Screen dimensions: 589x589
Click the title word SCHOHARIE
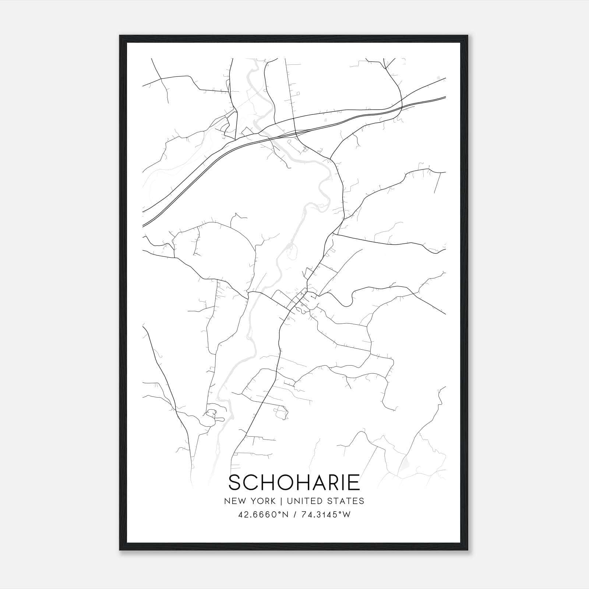coord(294,482)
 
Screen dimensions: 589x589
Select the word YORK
coord(263,501)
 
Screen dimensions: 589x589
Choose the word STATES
coord(346,501)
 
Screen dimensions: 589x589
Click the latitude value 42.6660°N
coord(263,515)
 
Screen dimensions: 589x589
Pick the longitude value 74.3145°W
coord(326,515)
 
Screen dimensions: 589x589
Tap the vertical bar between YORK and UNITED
coord(281,501)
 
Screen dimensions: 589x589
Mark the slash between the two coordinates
coord(295,515)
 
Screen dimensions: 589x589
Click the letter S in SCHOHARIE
coord(236,482)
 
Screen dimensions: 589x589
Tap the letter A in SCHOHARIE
coord(317,482)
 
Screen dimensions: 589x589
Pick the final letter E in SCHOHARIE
coord(354,482)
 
